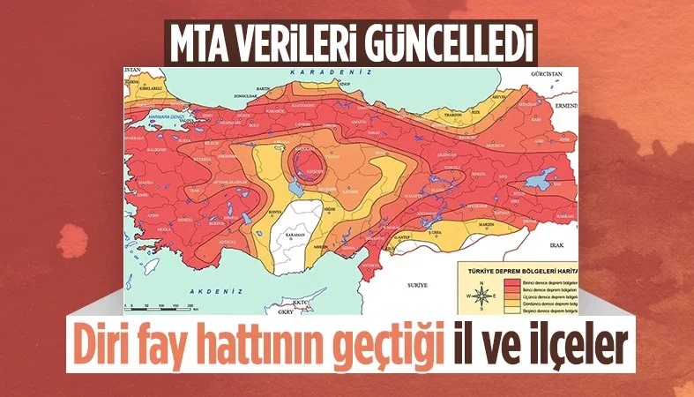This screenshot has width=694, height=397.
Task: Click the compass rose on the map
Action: tap(482, 296)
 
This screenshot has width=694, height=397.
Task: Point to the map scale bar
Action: tap(162, 305)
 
